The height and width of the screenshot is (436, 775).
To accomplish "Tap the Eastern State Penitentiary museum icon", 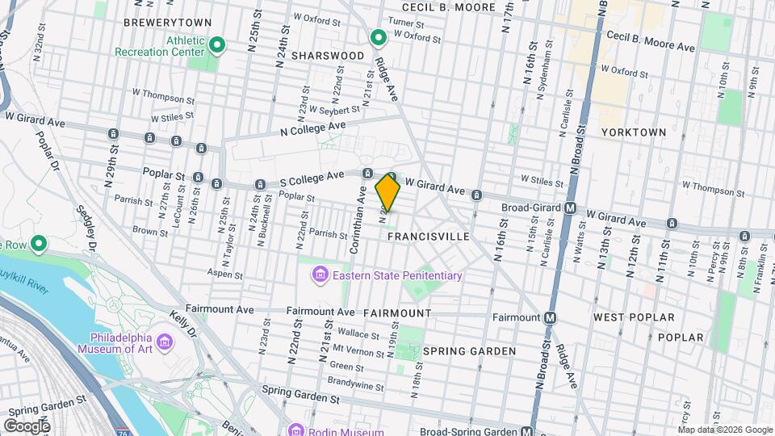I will [320, 276].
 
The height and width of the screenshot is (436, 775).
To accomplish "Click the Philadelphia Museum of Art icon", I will [165, 343].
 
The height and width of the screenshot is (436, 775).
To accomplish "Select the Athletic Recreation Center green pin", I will [216, 44].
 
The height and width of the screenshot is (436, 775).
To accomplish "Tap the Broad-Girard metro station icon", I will [571, 208].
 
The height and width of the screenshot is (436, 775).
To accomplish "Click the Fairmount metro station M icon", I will [551, 317].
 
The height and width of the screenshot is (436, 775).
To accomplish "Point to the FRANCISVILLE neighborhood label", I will [428, 237].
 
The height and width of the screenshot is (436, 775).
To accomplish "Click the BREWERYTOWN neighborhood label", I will [168, 23].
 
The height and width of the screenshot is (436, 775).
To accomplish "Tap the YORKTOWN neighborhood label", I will [634, 132].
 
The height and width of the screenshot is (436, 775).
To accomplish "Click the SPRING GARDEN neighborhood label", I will [469, 351].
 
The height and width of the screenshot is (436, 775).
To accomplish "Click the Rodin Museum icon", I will [295, 430].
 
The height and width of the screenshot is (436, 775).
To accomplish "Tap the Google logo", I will [27, 426].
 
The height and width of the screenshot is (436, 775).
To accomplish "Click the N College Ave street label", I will [312, 128].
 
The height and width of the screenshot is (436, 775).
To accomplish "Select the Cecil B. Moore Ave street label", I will [650, 47].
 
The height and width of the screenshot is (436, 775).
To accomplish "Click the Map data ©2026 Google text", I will [724, 430].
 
